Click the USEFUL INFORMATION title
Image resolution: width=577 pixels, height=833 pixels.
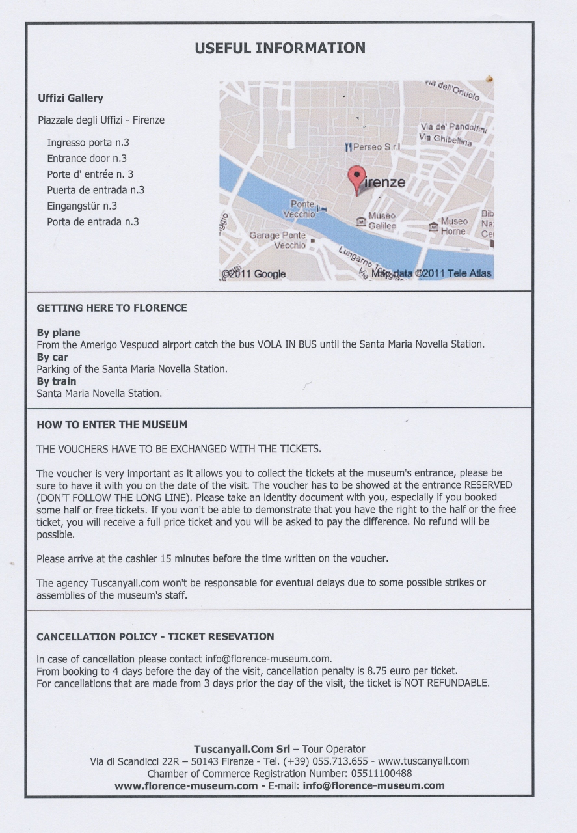point(280,48)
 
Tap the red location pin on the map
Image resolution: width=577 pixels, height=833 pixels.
point(356,176)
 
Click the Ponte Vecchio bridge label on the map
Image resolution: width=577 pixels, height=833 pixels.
point(300,209)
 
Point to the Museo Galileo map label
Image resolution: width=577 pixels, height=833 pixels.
point(382,221)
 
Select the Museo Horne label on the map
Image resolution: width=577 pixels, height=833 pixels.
point(453,226)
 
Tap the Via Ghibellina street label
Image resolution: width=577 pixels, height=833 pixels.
point(446,139)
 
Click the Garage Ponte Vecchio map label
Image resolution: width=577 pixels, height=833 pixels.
point(278,240)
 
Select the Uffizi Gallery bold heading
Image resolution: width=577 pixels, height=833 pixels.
point(71,98)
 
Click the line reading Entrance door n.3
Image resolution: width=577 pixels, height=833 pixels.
point(87,158)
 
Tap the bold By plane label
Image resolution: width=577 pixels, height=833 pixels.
point(59,333)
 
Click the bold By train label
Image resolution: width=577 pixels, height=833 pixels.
point(57,381)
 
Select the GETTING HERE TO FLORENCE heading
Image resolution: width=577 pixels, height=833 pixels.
point(112,308)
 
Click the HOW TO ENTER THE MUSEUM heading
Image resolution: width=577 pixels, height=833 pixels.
point(112,424)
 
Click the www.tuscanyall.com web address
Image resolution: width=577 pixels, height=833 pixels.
point(423,761)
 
